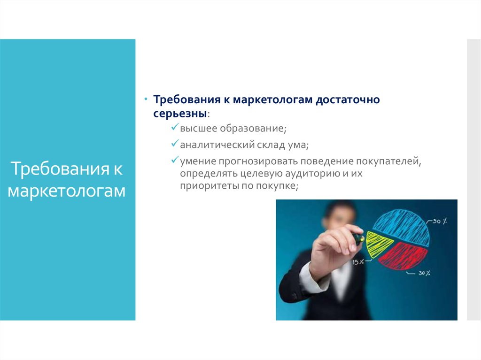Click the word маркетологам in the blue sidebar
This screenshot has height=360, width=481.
67,191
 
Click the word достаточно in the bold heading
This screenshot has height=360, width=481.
348,100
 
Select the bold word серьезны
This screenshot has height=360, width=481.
180,114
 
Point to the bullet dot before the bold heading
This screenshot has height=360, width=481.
146,99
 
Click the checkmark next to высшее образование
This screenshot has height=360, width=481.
175,127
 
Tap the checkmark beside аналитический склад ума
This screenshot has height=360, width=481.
175,143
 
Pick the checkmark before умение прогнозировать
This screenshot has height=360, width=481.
175,160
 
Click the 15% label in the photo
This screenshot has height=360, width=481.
358,262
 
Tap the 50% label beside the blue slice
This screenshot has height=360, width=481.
440,221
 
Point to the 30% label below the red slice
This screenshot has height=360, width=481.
424,273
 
